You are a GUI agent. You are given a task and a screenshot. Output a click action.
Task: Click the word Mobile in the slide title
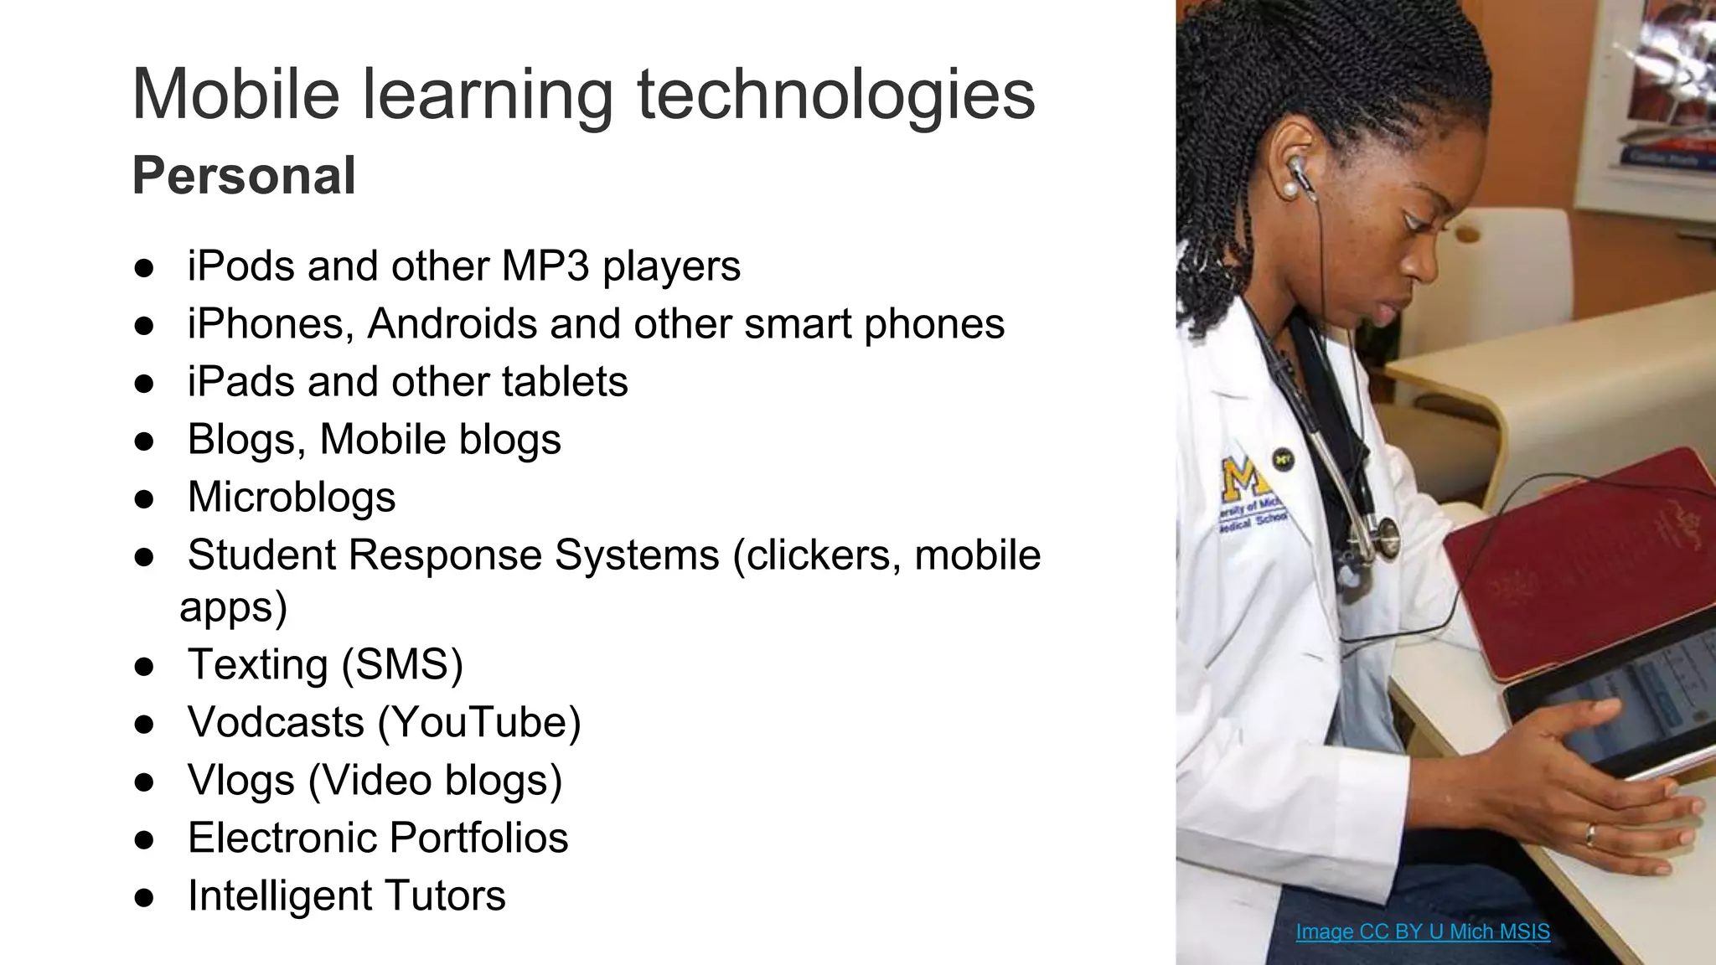point(235,94)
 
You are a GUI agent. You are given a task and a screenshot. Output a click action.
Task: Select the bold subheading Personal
point(244,176)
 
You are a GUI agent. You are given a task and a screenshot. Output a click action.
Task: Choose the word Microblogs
point(292,497)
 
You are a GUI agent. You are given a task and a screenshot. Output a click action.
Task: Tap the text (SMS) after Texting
point(402,664)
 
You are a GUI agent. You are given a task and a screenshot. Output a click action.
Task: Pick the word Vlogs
point(241,780)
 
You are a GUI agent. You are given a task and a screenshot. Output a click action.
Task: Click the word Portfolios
point(479,838)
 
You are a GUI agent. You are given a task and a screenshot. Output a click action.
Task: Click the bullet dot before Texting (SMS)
point(144,667)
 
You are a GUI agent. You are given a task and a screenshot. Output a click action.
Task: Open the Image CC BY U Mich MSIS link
point(1422,931)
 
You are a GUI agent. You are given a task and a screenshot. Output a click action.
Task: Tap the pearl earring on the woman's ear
point(1290,190)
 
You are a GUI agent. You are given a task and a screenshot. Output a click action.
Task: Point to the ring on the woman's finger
point(1589,834)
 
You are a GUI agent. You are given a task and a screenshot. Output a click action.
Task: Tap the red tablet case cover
point(1575,561)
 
